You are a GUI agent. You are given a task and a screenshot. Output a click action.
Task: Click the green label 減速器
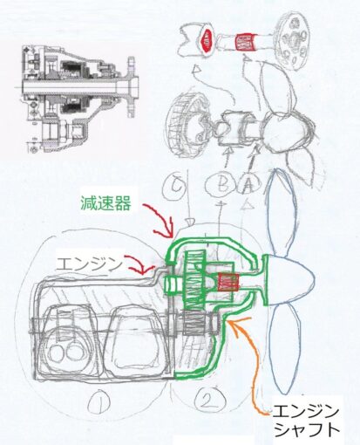point(105,202)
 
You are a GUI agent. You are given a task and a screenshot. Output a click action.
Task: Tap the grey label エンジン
point(89,264)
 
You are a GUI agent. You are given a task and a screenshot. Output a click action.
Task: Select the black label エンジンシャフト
point(307,421)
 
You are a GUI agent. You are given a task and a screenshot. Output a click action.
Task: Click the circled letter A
point(248,185)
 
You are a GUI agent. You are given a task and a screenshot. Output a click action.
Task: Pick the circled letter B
point(220,184)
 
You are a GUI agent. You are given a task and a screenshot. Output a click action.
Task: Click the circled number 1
point(99,402)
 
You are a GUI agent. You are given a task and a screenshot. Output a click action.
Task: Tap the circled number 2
point(210,399)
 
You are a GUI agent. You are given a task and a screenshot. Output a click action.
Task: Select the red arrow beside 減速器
point(164,220)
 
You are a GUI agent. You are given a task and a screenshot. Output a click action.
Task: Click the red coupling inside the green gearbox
point(228,282)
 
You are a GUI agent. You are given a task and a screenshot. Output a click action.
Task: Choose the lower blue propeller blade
point(284,349)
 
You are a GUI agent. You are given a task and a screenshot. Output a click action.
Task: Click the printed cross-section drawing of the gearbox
point(78,98)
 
